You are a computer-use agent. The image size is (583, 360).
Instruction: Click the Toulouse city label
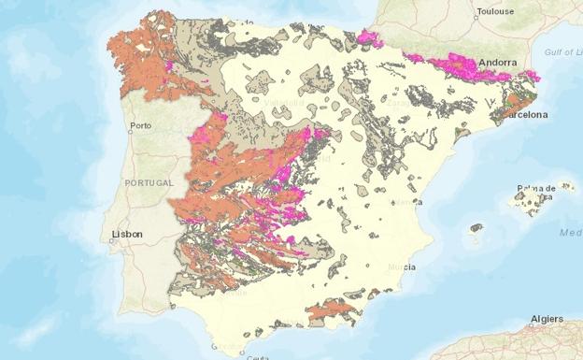[x=495, y=13]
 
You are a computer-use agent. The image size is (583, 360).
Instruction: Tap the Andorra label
[x=497, y=63]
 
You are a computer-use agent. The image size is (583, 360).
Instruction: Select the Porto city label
[x=141, y=125]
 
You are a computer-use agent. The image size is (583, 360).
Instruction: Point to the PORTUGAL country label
[x=149, y=182]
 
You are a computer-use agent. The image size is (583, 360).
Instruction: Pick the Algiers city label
[x=547, y=319]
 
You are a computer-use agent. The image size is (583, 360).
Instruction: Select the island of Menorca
[x=564, y=186]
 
